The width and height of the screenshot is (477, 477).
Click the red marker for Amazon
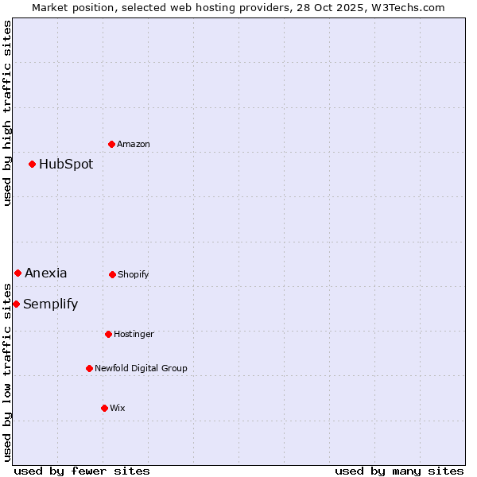click(112, 144)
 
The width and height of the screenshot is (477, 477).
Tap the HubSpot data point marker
click(33, 164)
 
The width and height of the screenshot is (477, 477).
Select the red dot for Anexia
click(17, 273)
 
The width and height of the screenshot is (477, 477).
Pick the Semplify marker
click(16, 304)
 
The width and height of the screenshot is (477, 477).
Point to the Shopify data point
click(112, 274)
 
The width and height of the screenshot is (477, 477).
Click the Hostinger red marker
click(108, 334)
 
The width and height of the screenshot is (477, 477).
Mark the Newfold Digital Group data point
click(89, 368)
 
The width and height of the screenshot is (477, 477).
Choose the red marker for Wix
click(104, 408)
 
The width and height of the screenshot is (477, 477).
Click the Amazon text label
click(134, 144)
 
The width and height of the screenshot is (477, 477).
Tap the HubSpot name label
click(66, 165)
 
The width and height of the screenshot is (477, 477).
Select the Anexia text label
click(46, 273)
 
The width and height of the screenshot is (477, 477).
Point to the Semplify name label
click(51, 304)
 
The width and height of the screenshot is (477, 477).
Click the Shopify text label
click(134, 275)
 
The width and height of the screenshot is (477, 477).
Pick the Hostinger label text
click(134, 335)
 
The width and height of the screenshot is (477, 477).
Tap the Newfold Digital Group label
click(141, 369)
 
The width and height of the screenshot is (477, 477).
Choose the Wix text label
click(118, 409)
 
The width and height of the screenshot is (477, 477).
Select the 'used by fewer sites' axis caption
click(82, 471)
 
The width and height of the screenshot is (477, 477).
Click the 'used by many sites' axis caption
click(399, 471)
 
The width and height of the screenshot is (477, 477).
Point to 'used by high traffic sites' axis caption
click(7, 113)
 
